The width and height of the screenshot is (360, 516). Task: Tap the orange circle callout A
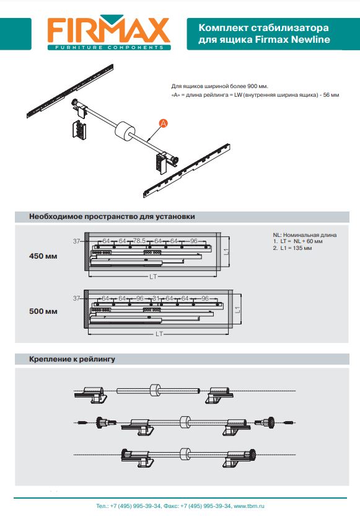click(163, 123)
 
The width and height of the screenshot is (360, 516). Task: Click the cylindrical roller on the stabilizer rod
click(125, 131)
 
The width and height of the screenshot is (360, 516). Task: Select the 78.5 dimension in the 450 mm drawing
click(139, 241)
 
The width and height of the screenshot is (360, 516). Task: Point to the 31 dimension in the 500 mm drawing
click(156, 298)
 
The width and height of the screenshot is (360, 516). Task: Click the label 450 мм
click(43, 256)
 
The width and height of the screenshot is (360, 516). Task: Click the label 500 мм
click(43, 311)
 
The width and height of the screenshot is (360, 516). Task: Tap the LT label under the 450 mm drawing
click(153, 277)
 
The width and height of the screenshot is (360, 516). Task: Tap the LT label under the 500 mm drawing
click(159, 334)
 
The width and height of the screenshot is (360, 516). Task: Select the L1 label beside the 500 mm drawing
click(238, 309)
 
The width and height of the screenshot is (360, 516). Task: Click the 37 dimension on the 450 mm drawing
click(77, 241)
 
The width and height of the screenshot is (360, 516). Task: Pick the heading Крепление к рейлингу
click(72, 359)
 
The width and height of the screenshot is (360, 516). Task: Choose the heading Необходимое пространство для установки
click(112, 216)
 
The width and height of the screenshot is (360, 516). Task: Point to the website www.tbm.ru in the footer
click(249, 506)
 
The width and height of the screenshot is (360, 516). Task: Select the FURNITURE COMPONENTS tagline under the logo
click(109, 47)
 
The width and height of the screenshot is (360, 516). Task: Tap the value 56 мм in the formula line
click(331, 95)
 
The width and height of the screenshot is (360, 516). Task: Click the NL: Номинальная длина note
click(305, 235)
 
